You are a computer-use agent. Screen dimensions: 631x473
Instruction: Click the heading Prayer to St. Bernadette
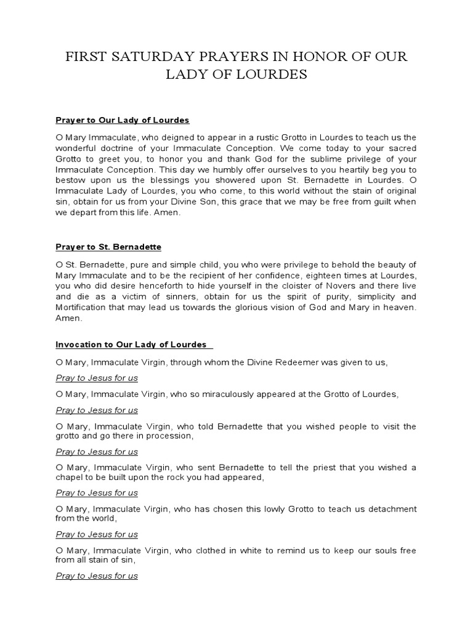(x=108, y=246)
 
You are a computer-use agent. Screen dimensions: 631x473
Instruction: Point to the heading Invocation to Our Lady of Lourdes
(x=131, y=344)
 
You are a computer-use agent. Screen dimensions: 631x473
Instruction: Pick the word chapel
(x=69, y=478)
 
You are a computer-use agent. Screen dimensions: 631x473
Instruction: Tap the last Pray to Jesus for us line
(x=97, y=576)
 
